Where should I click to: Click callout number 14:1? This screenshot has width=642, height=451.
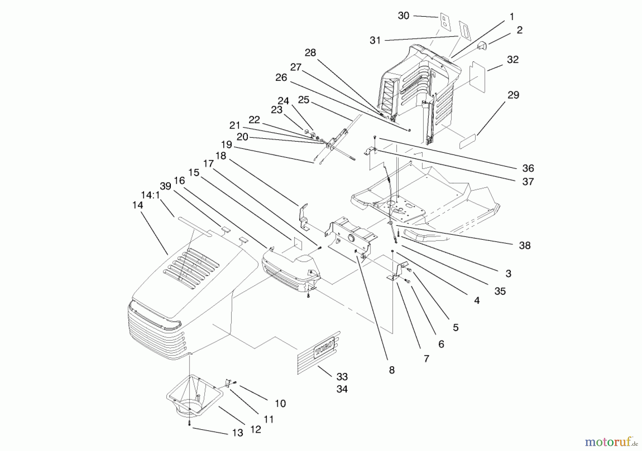(150, 195)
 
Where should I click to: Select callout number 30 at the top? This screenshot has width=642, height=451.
(403, 16)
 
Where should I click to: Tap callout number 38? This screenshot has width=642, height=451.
(525, 245)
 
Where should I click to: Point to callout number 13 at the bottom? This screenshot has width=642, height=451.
(237, 433)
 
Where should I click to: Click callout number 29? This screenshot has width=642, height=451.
(513, 95)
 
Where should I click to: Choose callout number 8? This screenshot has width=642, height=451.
(392, 370)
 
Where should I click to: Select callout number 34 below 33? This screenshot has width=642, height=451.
(342, 389)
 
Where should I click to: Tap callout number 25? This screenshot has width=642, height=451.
(304, 100)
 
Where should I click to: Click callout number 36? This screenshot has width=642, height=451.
(528, 168)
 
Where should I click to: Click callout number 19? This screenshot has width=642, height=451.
(226, 145)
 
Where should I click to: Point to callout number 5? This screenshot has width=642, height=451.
(455, 328)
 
